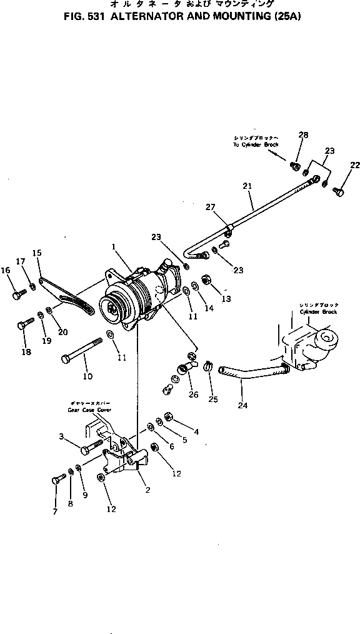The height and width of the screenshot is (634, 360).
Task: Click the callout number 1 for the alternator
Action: (x=114, y=247)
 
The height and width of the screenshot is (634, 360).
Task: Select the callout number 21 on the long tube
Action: (x=247, y=186)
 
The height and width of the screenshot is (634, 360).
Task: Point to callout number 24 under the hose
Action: (x=242, y=405)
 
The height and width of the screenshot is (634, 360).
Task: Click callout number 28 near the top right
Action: (x=303, y=134)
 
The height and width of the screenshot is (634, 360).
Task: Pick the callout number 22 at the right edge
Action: (x=354, y=165)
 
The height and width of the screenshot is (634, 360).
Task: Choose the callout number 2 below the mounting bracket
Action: (x=147, y=490)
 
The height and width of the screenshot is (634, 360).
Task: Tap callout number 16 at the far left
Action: (x=6, y=270)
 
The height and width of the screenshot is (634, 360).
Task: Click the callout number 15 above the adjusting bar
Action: (x=37, y=253)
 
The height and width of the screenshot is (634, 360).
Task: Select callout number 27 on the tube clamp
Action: (x=210, y=207)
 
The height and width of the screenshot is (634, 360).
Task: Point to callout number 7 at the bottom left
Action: (x=55, y=511)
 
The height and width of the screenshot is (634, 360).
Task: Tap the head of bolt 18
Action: (x=21, y=325)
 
